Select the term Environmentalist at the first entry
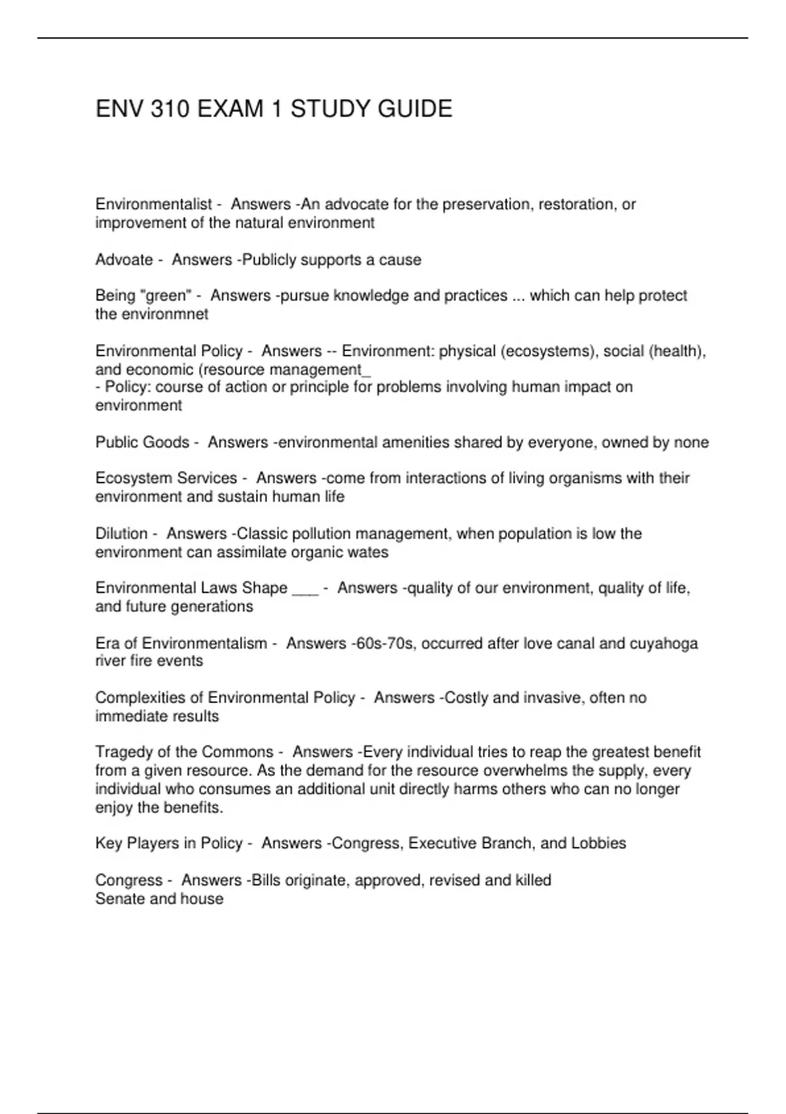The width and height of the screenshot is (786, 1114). (153, 204)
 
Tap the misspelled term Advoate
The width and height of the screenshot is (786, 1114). (124, 260)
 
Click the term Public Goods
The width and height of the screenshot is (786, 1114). (142, 442)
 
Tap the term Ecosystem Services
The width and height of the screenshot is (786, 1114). (166, 478)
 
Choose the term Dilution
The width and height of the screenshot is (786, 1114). (121, 533)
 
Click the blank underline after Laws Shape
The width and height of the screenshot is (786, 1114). (305, 588)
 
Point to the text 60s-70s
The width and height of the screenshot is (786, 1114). (384, 643)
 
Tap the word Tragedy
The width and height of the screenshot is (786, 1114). (123, 752)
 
